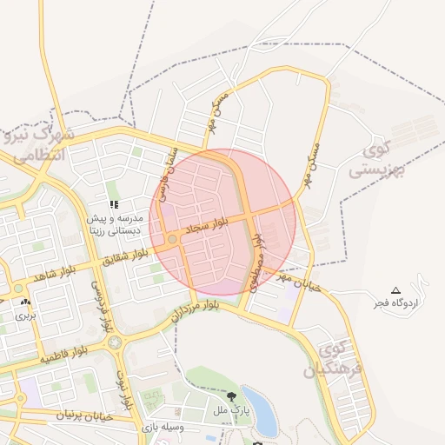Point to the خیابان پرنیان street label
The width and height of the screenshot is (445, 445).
coord(84,416)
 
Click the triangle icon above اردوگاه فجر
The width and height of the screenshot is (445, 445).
coord(396,289)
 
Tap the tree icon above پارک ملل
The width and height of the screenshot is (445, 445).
coord(230,396)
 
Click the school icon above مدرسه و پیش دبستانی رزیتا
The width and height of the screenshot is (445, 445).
coord(114,205)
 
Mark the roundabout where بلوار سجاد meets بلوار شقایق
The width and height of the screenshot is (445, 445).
coord(173,238)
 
